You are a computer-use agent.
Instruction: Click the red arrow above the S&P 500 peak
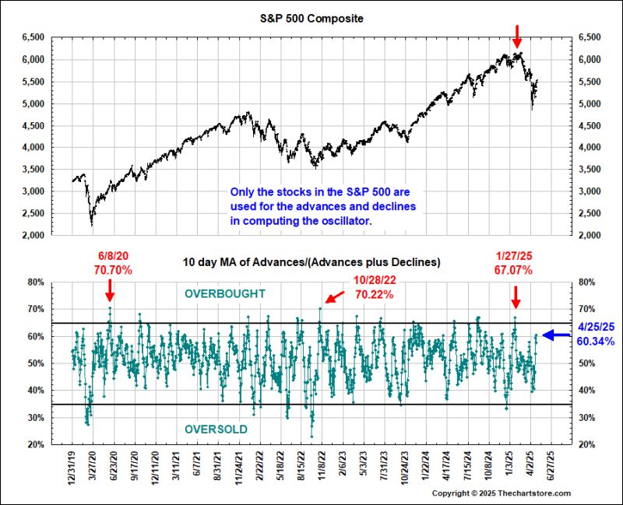click(x=516, y=35)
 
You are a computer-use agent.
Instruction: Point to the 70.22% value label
click(x=375, y=295)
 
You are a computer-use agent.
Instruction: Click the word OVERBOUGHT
click(x=225, y=293)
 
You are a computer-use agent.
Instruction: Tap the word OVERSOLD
click(x=216, y=430)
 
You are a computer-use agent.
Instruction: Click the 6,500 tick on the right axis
click(x=589, y=37)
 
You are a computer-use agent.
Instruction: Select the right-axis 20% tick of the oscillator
click(x=586, y=445)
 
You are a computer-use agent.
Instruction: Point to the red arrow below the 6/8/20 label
click(x=110, y=290)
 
